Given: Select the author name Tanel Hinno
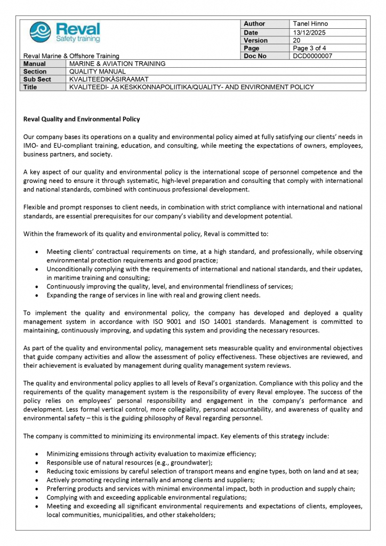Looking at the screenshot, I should click(310, 24).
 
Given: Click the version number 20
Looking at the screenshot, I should click(297, 41).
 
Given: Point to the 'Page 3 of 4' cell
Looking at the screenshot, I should click(310, 49).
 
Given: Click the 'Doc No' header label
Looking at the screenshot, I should click(255, 56).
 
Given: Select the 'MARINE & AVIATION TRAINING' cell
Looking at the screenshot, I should click(117, 63).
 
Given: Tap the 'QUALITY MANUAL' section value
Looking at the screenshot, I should click(98, 71).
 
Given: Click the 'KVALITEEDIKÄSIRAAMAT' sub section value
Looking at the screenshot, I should click(108, 79).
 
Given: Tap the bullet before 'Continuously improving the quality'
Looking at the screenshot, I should click(36, 286).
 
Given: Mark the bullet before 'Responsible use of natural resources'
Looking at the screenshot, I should click(36, 463).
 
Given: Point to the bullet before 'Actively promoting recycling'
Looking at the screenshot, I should click(36, 480).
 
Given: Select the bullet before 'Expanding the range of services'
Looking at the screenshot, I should click(36, 295).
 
